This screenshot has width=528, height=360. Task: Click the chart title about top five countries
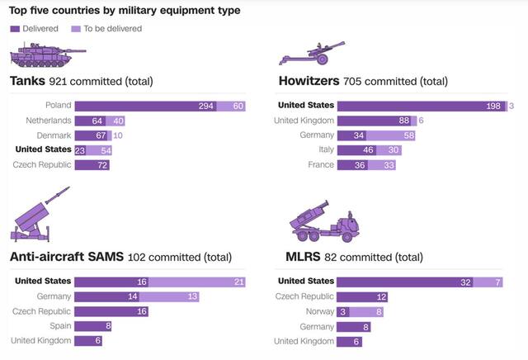click(125, 11)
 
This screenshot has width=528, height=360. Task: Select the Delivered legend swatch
click(15, 28)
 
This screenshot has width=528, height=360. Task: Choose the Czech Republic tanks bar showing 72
click(92, 165)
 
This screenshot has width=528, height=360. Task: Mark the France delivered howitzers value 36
click(358, 165)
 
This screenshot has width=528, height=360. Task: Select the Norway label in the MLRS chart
click(318, 311)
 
